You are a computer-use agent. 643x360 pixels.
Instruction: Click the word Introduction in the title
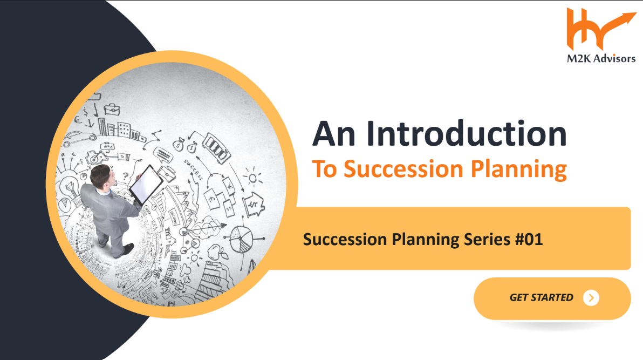point(466,133)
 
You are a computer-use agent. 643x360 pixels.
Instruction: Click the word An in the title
point(334,134)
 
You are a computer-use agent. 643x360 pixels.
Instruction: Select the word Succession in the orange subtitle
point(403,169)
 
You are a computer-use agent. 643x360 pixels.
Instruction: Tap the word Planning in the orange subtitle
point(519,169)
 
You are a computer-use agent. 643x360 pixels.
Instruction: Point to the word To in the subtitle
point(324,169)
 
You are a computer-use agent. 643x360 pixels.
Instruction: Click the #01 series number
point(529,239)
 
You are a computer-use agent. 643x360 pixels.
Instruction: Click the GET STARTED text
point(541,297)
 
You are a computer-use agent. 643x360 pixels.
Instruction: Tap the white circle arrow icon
point(591,298)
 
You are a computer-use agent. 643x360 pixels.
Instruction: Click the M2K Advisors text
point(601,59)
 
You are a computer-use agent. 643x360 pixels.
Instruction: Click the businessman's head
point(101,177)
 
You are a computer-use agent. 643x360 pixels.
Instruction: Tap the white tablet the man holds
point(146,185)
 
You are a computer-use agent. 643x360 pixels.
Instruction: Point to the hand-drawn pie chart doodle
point(241,240)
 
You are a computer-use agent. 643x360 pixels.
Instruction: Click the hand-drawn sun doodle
point(252,178)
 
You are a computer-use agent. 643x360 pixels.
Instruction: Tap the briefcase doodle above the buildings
point(112,110)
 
